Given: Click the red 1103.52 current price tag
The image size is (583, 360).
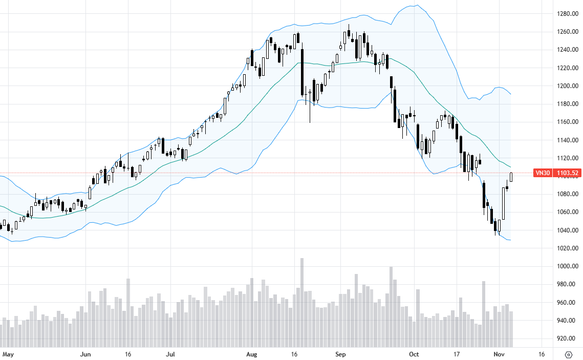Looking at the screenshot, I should click(566, 173).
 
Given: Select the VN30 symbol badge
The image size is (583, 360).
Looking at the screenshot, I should click(542, 173).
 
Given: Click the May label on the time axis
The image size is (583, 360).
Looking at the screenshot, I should click(7, 354).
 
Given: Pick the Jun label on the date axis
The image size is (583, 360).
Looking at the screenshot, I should click(85, 354).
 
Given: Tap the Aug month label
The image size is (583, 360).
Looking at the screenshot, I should click(251, 354).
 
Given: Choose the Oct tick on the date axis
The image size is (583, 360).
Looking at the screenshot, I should click(415, 354).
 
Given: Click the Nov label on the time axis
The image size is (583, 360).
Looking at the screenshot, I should click(500, 354).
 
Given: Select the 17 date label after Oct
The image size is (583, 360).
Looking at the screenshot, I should click(457, 354).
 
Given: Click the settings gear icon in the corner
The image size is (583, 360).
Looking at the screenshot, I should click(568, 354).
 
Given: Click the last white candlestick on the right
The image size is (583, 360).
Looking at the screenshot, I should click(511, 177).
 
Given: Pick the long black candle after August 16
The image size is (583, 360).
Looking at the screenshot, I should click(303, 72).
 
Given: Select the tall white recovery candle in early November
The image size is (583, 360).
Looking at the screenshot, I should click(503, 203).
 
